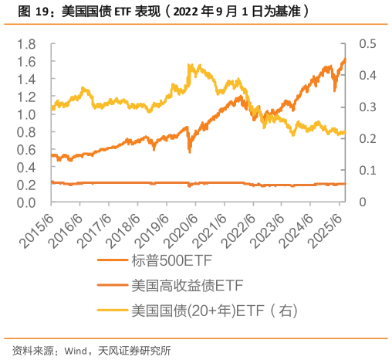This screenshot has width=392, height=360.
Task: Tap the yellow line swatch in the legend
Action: click(x=112, y=311)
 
